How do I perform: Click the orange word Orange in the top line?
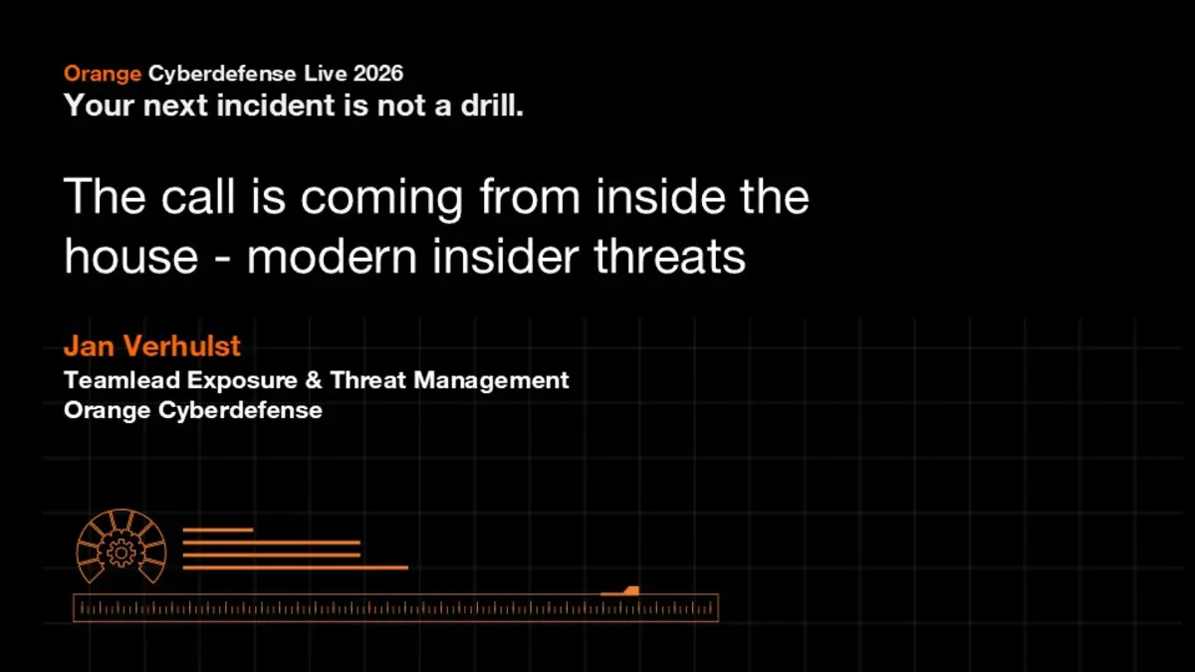(103, 74)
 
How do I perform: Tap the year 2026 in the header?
(378, 73)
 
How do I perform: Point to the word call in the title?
(198, 196)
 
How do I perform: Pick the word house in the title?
(131, 256)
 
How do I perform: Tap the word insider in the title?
(505, 256)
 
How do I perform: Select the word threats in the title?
(669, 256)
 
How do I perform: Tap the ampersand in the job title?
(315, 380)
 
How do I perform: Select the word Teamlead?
(122, 380)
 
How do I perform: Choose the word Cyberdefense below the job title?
(240, 410)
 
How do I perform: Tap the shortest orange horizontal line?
(218, 530)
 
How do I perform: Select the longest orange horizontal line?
(296, 567)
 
